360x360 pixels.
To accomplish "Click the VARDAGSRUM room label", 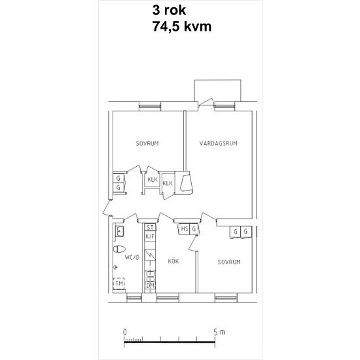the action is (218, 143).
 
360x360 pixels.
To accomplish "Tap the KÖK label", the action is (173, 261).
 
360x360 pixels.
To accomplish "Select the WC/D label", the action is (132, 257).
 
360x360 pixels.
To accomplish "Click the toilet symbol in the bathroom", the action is (119, 249).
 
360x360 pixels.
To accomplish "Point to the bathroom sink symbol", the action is (119, 231).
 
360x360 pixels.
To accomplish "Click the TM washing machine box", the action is (119, 283).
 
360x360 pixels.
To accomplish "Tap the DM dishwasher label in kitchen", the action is (150, 286).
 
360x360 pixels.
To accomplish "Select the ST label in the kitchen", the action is (150, 228).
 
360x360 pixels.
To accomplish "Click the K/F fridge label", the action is (150, 236).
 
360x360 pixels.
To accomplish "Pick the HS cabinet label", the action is (185, 229).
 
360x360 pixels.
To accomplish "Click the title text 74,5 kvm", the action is (182, 26).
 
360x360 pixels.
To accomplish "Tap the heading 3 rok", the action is (170, 10).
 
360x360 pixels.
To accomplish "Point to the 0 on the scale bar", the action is (124, 333).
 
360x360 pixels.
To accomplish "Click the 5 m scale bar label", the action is (219, 332).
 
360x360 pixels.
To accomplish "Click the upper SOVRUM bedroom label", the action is (147, 144).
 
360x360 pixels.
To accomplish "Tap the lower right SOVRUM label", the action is (229, 262).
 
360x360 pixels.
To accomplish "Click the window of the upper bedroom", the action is (150, 106).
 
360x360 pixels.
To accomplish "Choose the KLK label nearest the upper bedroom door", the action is (153, 179).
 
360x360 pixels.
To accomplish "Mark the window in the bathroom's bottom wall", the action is (134, 298).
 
